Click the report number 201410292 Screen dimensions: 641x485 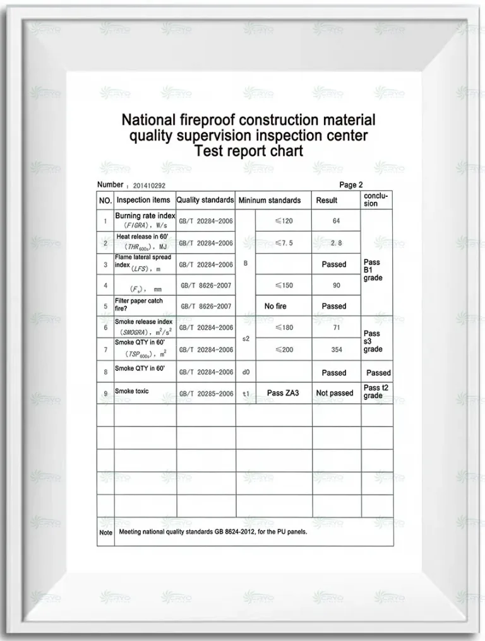[149, 186]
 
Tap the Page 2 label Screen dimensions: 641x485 [351, 185]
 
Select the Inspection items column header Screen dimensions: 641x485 [143, 200]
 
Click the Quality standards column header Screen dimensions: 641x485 [205, 200]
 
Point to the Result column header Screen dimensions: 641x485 [326, 200]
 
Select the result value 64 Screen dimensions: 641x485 [336, 221]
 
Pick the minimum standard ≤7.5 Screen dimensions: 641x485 [284, 243]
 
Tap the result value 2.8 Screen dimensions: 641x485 [336, 243]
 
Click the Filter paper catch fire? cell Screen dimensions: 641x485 [139, 305]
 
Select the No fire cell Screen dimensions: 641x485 [275, 306]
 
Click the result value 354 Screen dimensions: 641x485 [336, 350]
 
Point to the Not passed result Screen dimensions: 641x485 [335, 393]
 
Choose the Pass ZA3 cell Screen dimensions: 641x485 [283, 393]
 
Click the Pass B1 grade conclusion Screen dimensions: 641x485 [373, 270]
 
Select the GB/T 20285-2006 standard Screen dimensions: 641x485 [206, 394]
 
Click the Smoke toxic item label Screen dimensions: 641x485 [132, 392]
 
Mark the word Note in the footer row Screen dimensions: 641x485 [105, 532]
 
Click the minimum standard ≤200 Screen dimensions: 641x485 [284, 350]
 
